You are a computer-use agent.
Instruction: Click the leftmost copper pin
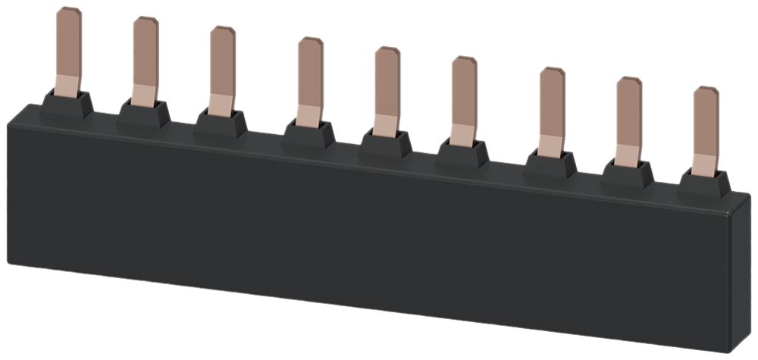tap(68, 45)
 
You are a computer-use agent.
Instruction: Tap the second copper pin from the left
tap(145, 57)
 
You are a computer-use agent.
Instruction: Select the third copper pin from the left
tap(222, 67)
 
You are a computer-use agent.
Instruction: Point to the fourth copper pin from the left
tap(309, 76)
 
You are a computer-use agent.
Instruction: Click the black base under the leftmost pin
tap(67, 105)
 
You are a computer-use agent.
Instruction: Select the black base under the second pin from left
tap(144, 114)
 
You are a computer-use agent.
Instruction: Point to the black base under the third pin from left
tap(221, 124)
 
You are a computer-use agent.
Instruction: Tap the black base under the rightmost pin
tap(704, 182)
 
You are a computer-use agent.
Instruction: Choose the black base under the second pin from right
tap(628, 172)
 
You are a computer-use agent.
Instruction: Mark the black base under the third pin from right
tap(550, 162)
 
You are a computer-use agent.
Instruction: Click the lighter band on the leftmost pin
tap(67, 84)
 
